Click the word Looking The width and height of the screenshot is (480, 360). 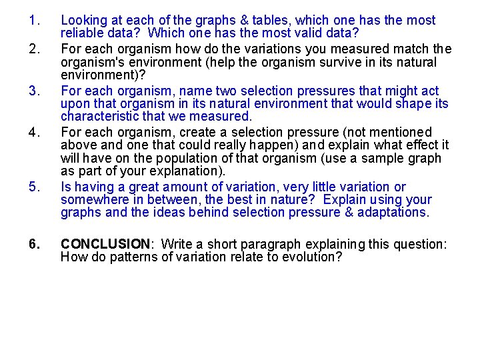[x=82, y=21]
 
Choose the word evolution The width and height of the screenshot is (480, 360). [x=309, y=257]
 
